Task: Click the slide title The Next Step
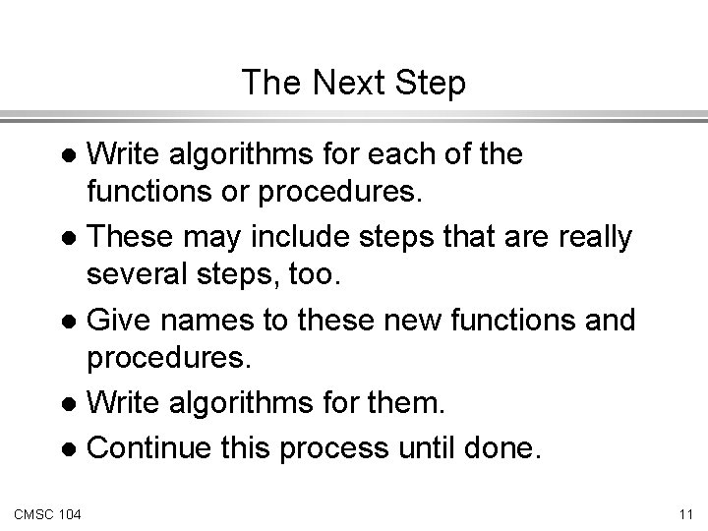coord(354,83)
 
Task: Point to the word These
coord(132,237)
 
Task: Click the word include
coord(292,237)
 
